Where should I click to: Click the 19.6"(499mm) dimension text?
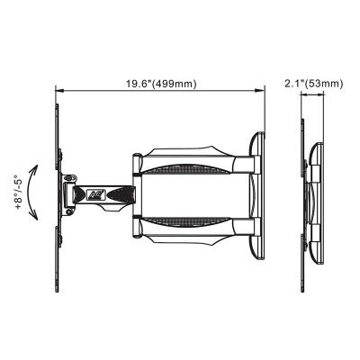pyautogui.click(x=161, y=84)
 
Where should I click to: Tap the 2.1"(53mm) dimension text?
pyautogui.click(x=312, y=84)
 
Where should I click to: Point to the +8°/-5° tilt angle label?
pyautogui.click(x=18, y=191)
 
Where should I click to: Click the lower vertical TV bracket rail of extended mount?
pyautogui.click(x=57, y=247)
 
